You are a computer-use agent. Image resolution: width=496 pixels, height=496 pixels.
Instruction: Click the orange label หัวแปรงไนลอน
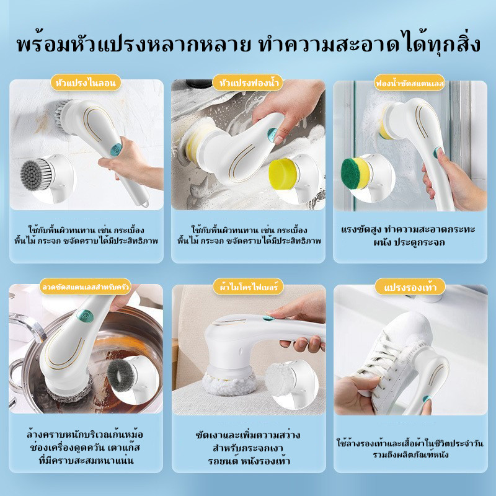86,83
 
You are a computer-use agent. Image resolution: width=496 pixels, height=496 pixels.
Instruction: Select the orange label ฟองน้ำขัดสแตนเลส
410,83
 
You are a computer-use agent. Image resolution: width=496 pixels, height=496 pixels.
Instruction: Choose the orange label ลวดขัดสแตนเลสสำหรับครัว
86,287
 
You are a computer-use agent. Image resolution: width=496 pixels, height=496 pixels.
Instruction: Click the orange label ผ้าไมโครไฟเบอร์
248,287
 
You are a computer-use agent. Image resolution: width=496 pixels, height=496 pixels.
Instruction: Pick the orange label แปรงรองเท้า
410,287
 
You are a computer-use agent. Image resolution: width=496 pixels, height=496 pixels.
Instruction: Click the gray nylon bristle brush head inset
36,175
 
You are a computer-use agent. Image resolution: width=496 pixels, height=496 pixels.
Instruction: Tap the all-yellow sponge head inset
283,174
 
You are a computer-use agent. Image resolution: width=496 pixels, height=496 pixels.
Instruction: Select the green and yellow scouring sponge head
355,174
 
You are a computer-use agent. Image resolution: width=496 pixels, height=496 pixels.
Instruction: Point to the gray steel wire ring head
121,376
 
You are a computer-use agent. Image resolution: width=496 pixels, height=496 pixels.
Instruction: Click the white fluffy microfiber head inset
280,379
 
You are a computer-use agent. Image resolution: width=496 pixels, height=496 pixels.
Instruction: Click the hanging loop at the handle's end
145,202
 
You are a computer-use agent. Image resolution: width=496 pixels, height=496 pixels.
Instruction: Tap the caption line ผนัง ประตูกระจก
409,242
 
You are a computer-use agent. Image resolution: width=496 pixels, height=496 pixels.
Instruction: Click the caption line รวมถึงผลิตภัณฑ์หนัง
410,455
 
